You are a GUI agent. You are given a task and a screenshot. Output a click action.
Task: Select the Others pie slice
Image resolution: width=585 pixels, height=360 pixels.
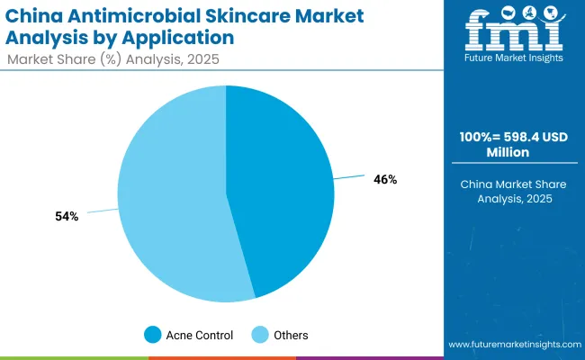[171, 198]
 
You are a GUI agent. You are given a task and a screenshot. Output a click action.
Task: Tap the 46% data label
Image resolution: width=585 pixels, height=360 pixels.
[385, 180]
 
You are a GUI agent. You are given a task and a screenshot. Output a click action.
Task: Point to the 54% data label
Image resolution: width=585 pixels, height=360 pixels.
[67, 216]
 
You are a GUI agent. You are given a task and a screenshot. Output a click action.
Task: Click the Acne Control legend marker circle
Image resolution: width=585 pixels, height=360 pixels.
[153, 335]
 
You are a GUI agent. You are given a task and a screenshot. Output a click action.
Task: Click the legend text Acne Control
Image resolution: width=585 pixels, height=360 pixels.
[200, 335]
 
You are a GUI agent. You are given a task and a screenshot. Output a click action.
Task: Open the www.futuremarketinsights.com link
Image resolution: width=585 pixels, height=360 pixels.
[512, 345]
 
